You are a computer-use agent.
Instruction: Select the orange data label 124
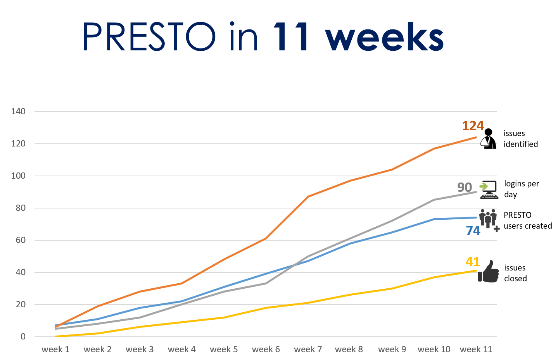point(473,126)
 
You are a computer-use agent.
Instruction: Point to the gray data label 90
point(465,188)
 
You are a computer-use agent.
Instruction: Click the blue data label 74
point(473,231)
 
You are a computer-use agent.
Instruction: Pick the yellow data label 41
point(473,262)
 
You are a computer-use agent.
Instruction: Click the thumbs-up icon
point(489,272)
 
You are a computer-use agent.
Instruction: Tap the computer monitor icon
point(489,189)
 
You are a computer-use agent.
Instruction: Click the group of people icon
point(488,219)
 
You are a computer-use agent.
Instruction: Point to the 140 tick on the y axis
point(18,112)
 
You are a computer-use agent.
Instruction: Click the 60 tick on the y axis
point(21,240)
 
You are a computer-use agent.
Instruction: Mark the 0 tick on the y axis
point(23,337)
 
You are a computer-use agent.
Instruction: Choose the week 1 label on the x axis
point(55,350)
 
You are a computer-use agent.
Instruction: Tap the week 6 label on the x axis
point(266,350)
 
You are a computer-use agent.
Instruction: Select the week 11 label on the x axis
point(476,350)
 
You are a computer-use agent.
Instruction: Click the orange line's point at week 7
point(308,196)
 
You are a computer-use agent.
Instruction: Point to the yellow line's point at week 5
point(224,318)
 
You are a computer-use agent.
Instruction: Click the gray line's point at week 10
point(434,200)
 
